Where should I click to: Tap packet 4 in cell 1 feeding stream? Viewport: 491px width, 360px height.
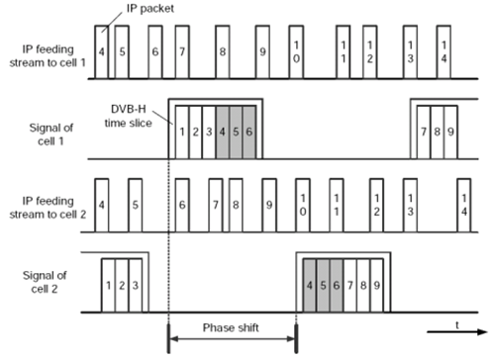click(x=102, y=50)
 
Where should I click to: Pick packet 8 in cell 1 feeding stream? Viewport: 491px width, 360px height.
click(x=222, y=50)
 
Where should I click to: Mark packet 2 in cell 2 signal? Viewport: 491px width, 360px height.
click(x=122, y=285)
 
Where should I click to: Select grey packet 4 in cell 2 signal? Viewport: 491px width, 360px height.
click(x=310, y=285)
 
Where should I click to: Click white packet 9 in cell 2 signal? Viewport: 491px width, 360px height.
click(x=377, y=285)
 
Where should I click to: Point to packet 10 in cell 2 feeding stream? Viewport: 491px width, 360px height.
click(x=304, y=211)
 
